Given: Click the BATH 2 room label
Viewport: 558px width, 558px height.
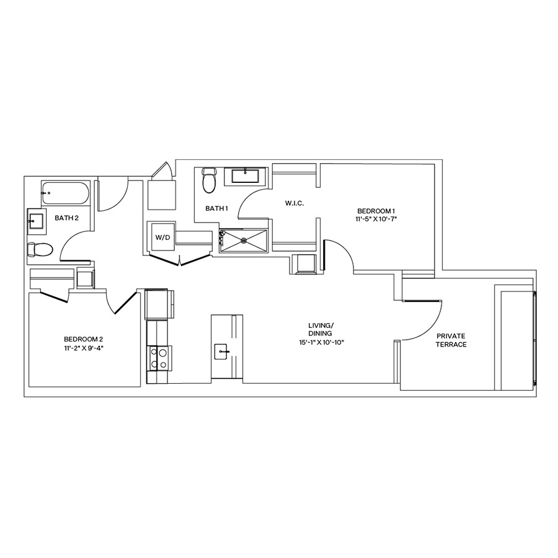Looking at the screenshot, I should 67,218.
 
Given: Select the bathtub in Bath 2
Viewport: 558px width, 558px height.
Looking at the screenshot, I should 65,195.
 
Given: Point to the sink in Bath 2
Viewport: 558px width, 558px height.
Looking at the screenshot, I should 36,220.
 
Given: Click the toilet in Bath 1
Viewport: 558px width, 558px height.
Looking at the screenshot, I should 209,180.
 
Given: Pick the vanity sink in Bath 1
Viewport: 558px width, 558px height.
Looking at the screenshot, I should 246,175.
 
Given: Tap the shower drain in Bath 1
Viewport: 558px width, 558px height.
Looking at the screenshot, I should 244,241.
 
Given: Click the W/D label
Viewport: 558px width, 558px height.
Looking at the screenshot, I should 162,236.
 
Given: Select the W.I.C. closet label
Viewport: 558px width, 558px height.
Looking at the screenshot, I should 294,203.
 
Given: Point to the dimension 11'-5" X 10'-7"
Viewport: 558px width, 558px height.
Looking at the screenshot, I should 376,219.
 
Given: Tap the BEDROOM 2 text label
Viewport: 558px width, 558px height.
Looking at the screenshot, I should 83,339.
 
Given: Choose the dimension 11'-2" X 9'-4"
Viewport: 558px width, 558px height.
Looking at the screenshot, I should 83,348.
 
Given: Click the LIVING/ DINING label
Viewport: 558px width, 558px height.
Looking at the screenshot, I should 321,329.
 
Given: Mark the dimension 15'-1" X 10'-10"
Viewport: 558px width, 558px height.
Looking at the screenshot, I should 321,342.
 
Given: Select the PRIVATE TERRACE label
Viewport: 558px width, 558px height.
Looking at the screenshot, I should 451,340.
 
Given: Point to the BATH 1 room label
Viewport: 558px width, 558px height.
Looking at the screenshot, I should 217,209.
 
